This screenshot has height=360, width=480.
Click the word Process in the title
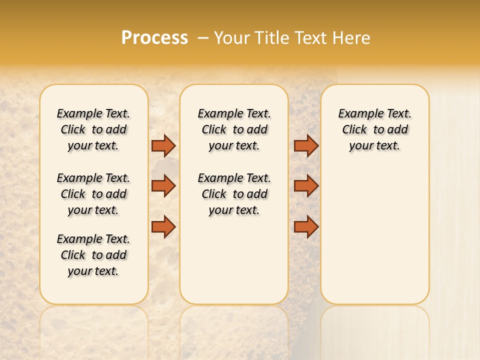click(154, 38)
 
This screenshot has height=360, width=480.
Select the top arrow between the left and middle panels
click(163, 145)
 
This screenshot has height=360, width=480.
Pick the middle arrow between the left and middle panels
click(163, 186)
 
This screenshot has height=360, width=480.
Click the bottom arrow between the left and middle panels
click(163, 226)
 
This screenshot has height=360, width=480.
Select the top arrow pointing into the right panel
click(306, 145)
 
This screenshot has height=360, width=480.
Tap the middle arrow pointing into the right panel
click(306, 186)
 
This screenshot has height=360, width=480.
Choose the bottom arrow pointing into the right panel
click(306, 226)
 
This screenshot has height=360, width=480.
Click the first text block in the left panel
click(93, 129)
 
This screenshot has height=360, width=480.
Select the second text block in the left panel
click(93, 194)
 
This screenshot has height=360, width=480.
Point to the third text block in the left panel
click(93, 255)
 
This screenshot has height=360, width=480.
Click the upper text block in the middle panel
click(234, 129)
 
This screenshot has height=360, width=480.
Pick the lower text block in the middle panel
click(234, 194)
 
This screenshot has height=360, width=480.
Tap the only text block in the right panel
click(374, 129)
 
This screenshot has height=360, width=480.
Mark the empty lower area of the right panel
click(374, 230)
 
